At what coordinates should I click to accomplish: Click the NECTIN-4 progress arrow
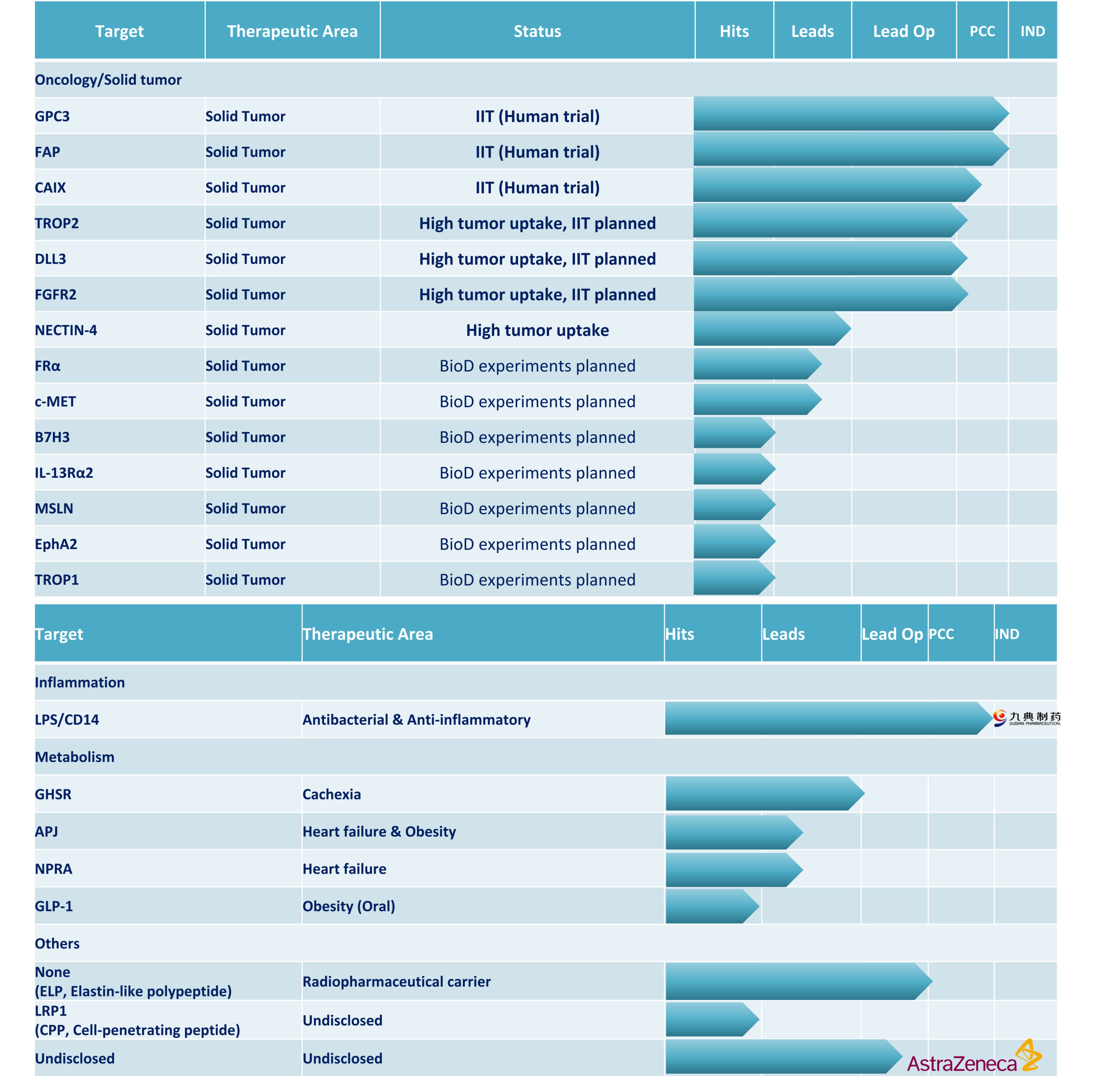(771, 329)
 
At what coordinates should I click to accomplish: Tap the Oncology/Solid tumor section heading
(108, 80)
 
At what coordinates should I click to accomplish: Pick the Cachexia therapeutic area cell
(332, 794)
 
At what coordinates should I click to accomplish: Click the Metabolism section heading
(75, 757)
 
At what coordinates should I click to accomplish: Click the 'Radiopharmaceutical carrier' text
(397, 982)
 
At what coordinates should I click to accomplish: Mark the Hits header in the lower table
(680, 634)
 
